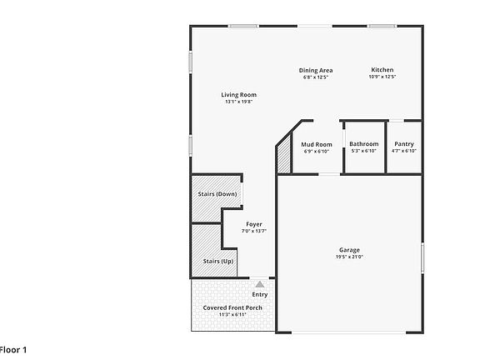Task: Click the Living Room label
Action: pyautogui.click(x=238, y=94)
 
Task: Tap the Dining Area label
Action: pyautogui.click(x=316, y=70)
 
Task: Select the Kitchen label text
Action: pyautogui.click(x=382, y=70)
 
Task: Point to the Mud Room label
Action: pyautogui.click(x=316, y=144)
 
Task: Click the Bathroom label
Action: pyautogui.click(x=363, y=144)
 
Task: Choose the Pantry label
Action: pyautogui.click(x=404, y=144)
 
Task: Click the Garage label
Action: pyautogui.click(x=349, y=250)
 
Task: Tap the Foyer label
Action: pyautogui.click(x=254, y=223)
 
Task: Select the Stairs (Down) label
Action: pyautogui.click(x=217, y=194)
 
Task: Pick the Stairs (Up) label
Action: pyautogui.click(x=217, y=261)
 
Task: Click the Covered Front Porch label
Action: pyautogui.click(x=232, y=307)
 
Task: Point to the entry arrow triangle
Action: pyautogui.click(x=259, y=284)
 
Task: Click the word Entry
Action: pyautogui.click(x=259, y=294)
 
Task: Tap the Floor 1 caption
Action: pyautogui.click(x=13, y=349)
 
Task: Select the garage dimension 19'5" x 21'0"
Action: pyautogui.click(x=349, y=257)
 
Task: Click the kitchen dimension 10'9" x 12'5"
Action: pyautogui.click(x=382, y=77)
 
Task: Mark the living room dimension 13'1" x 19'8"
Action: pyautogui.click(x=238, y=102)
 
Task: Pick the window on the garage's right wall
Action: pyautogui.click(x=422, y=257)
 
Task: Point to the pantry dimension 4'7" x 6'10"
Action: pyautogui.click(x=404, y=151)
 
